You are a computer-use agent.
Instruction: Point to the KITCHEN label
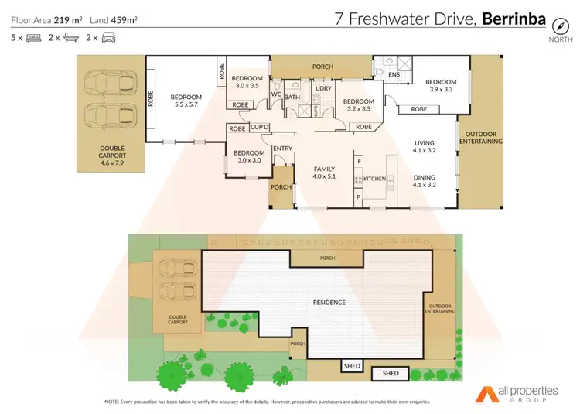(374, 179)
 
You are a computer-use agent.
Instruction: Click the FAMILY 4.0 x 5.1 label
(325, 173)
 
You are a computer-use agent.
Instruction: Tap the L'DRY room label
(322, 89)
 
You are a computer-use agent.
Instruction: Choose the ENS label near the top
(394, 75)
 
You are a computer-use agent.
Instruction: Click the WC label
(276, 94)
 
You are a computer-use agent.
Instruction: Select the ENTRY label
(282, 149)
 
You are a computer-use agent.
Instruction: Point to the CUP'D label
(259, 128)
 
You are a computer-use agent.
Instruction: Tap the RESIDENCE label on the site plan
(329, 302)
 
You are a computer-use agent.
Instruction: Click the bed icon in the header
(33, 36)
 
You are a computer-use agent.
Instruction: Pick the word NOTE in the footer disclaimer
(111, 402)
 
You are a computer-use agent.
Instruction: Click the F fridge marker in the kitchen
(358, 160)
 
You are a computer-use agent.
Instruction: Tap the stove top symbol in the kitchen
(358, 179)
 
